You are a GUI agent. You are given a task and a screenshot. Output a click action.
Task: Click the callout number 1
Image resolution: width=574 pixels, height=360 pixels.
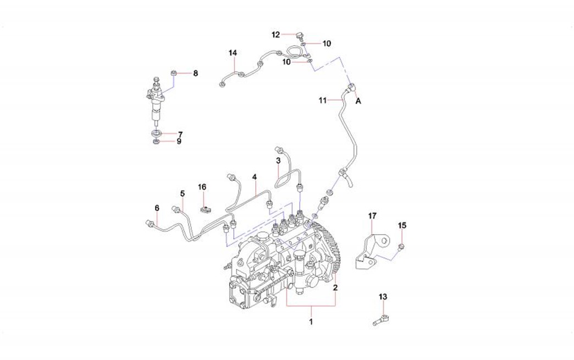(x=311, y=321)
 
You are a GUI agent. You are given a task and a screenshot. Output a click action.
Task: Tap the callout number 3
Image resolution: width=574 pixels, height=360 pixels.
(x=278, y=160)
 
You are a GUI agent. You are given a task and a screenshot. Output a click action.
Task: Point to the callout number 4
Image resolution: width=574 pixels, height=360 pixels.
(x=255, y=177)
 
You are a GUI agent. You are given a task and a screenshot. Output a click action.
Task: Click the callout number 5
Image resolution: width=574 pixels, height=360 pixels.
(x=182, y=193)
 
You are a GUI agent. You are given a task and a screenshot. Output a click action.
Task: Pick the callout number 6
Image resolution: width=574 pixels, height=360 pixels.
(x=157, y=208)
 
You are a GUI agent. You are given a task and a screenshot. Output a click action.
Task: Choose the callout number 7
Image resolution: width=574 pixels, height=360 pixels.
(x=179, y=134)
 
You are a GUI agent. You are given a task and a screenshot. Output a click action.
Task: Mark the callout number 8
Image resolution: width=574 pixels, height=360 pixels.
(x=195, y=73)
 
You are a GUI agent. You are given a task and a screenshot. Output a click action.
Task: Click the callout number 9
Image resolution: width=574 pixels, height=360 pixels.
(x=179, y=142)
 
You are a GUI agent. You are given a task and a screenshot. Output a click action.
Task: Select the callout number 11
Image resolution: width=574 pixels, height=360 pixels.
(x=323, y=100)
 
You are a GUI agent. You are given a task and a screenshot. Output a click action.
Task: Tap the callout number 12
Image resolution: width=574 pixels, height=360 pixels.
(x=276, y=35)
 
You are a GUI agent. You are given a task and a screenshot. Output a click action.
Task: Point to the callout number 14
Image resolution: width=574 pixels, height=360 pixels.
(x=233, y=53)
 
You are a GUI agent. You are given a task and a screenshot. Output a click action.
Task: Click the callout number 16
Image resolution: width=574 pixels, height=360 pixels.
(x=202, y=187)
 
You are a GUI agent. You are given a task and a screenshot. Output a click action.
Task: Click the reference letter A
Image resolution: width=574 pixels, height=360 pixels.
(x=358, y=101)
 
